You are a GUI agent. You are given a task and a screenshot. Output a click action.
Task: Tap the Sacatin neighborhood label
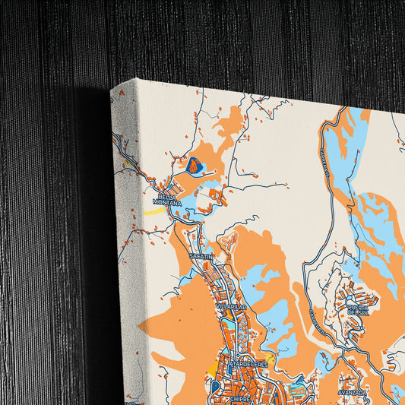[x=201, y=258]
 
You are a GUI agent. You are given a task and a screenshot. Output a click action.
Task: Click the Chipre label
[x=241, y=396]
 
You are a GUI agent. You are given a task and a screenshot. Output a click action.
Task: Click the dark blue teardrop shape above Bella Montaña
[x=195, y=163]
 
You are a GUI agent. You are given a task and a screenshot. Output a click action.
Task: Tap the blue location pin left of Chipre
[x=215, y=386]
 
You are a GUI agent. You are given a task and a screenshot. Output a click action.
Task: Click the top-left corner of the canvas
[x=112, y=89]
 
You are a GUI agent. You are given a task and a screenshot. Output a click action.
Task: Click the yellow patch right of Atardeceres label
[x=269, y=358]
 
